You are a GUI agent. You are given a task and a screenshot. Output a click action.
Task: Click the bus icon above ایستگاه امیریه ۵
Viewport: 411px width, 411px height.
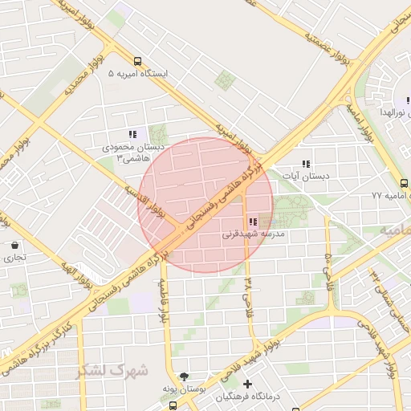[137, 61]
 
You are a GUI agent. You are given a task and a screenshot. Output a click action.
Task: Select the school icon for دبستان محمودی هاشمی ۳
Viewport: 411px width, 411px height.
[133, 135]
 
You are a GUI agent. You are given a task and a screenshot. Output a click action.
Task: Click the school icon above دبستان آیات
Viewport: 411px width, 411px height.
[306, 164]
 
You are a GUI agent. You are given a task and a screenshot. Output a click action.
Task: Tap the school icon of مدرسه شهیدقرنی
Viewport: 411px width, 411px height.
[253, 222]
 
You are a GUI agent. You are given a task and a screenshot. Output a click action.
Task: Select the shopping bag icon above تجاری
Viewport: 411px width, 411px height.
[15, 245]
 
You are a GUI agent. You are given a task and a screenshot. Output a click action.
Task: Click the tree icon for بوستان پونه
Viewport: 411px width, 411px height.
[184, 376]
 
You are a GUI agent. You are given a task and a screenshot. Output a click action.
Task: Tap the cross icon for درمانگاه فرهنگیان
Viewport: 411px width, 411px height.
[248, 385]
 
